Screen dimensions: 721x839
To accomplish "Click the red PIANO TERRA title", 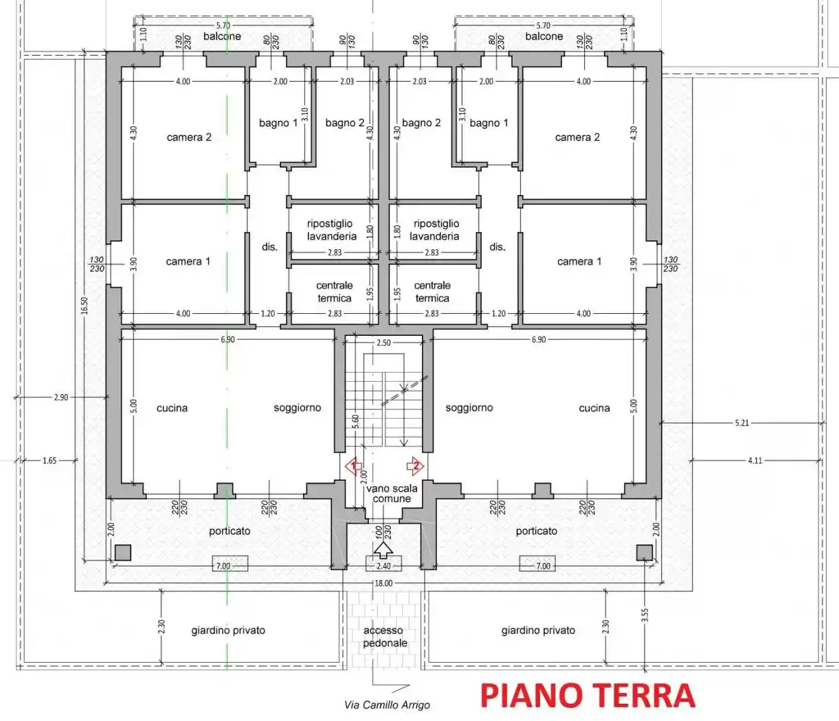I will (588, 696).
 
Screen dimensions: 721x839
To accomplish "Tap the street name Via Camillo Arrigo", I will (387, 705).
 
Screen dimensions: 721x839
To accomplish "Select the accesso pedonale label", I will (385, 637).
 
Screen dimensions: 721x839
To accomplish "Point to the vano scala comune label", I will (392, 493).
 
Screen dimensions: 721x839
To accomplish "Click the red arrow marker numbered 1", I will (354, 467).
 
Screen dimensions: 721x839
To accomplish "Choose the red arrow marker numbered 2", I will (415, 466).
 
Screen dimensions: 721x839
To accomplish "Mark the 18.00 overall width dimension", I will (383, 583).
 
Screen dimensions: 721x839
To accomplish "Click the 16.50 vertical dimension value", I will (85, 306).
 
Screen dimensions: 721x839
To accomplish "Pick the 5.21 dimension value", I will (741, 423).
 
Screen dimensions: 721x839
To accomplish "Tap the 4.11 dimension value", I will (754, 460).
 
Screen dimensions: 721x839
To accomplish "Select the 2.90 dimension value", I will (61, 397).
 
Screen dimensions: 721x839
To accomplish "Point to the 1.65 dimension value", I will (49, 460).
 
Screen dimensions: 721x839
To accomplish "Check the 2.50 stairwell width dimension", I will (383, 343).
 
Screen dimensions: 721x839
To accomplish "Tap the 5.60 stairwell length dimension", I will (355, 422).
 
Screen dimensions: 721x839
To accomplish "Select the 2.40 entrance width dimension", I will (383, 566).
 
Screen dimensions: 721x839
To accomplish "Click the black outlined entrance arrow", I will (383, 549).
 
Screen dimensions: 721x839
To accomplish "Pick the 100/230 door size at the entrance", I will (383, 532).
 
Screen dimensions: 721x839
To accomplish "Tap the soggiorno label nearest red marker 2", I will (469, 408).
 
